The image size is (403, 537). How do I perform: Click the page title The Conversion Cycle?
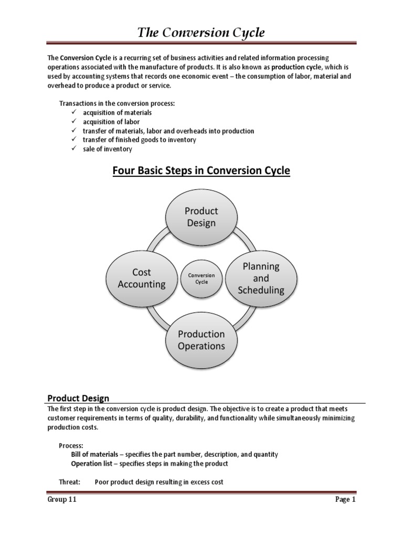(x=201, y=33)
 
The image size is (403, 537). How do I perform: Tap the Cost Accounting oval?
(x=142, y=278)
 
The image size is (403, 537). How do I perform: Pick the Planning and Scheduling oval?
(x=261, y=278)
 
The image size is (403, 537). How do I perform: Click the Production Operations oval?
(x=201, y=340)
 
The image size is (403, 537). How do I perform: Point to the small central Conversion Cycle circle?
(x=201, y=278)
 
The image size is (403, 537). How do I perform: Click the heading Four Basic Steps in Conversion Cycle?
(x=201, y=171)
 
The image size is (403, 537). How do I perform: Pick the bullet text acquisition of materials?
(x=117, y=113)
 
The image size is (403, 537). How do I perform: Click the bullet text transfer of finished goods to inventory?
(x=139, y=140)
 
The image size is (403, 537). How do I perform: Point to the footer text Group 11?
(x=62, y=500)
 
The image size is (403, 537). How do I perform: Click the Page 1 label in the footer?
(x=346, y=500)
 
